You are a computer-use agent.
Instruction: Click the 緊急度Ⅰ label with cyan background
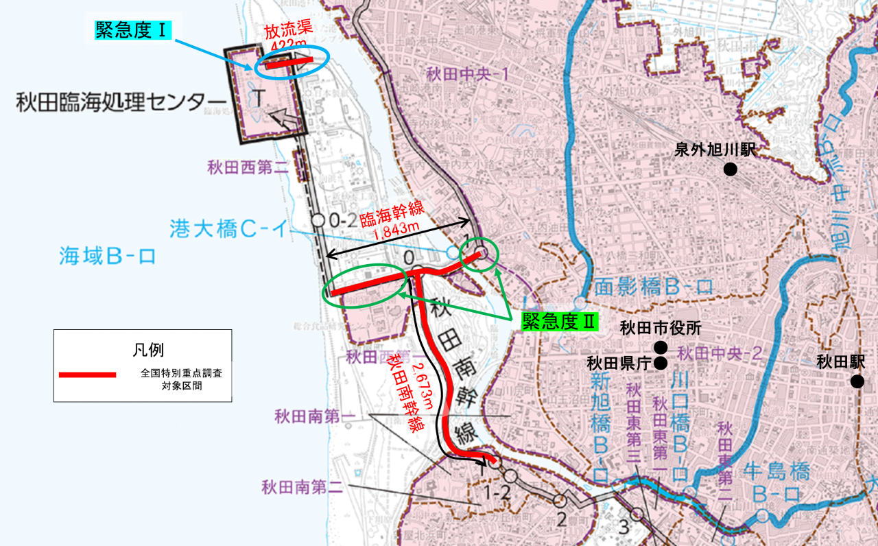[132, 31]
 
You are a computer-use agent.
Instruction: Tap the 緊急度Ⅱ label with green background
[558, 322]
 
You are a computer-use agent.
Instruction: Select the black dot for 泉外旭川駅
[731, 169]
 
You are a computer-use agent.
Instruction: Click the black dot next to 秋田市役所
[660, 346]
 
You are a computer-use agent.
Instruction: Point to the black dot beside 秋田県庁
[660, 363]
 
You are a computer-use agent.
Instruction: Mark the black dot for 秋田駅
[857, 381]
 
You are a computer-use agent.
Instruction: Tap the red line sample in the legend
[87, 375]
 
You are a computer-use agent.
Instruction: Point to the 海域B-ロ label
[107, 257]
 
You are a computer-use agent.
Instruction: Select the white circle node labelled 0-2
[318, 220]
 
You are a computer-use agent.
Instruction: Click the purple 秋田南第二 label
[302, 488]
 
